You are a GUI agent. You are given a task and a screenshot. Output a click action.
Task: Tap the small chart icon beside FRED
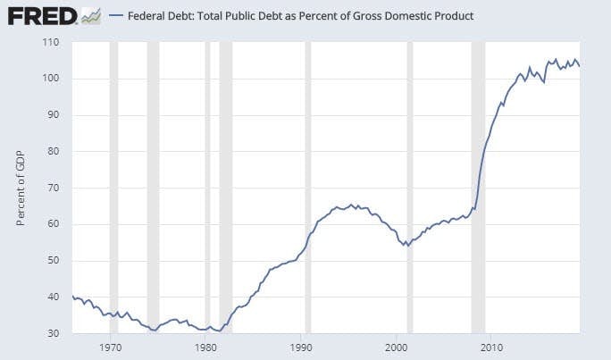90,16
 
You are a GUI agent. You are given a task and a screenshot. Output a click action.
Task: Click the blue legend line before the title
114,16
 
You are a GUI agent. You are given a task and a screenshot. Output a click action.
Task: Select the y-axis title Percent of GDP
21,187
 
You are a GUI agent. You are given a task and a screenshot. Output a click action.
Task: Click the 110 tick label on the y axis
50,42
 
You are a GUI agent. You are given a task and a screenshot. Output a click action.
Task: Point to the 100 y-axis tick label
50,79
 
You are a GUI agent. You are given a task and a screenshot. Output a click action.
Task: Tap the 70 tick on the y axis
53,188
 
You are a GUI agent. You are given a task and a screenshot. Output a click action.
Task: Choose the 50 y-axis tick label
53,260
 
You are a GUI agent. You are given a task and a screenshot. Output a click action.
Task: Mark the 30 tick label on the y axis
53,332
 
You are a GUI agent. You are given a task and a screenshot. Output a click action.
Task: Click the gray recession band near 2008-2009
478,179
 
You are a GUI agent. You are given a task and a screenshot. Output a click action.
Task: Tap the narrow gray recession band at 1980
207,179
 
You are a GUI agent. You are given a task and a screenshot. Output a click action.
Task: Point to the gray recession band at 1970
113,179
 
